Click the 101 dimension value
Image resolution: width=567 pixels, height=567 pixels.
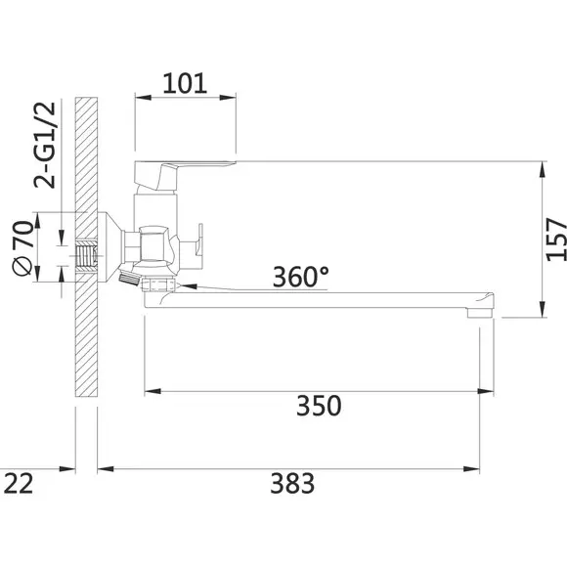pos(185,83)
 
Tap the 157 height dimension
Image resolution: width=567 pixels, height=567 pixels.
pos(556,240)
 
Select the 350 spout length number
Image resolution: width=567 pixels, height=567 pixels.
pos(319,406)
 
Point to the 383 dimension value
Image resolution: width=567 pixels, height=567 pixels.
pos(292,484)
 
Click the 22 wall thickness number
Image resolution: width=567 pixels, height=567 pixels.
pos(19,484)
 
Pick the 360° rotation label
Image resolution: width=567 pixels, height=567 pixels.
pos(301,277)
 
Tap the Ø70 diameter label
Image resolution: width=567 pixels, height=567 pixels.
pos(23,248)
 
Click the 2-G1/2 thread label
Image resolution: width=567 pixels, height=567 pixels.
pos(45,145)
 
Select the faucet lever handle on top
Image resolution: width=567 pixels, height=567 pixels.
pos(185,174)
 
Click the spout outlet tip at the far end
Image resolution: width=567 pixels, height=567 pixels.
pos(480,312)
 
